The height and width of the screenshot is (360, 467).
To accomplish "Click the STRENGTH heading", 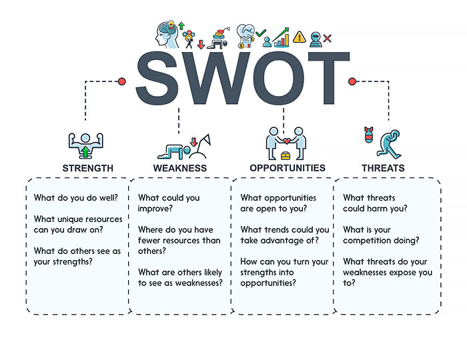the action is point(88,168).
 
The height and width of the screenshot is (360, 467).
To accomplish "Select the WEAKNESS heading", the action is point(180,168).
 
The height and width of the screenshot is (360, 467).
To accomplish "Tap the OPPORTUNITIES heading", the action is point(288,168).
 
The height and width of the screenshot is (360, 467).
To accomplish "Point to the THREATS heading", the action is point(383,168).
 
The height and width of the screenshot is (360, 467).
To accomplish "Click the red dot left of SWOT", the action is point(121,81).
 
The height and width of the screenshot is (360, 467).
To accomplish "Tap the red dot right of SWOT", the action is point(352,81).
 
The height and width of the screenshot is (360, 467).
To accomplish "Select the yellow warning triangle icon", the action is point(300,37).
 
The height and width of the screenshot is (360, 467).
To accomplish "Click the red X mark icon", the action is point(328,39).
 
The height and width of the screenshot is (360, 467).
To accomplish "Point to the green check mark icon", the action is point(261,33).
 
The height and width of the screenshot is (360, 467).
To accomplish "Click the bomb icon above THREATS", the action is point(369,135).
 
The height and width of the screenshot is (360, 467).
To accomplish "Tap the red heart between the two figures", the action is point(286,141).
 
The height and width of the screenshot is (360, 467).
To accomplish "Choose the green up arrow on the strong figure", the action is point(85,151).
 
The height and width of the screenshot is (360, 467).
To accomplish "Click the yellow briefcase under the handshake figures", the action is point(286,155).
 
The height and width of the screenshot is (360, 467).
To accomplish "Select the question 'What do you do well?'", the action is point(76,198).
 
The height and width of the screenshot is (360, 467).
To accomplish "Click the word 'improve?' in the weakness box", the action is point(155,209).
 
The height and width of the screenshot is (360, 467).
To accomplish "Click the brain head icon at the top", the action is point(167,34).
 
